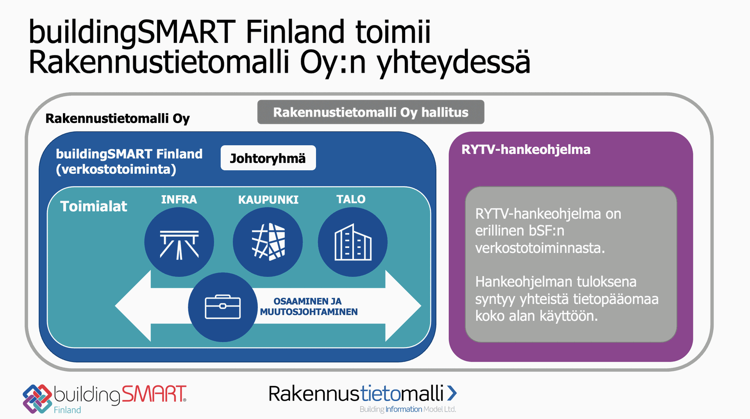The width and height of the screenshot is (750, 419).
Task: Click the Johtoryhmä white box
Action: click(268, 158)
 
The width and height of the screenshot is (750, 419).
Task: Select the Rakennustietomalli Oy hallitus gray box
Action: click(371, 112)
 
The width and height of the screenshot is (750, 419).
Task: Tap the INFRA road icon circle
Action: click(179, 242)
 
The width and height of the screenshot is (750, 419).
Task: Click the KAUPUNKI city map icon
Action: click(268, 242)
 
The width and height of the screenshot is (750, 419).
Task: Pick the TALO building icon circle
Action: click(353, 242)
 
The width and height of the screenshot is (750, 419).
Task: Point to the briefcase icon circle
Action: click(223, 307)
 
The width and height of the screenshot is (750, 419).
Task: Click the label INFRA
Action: click(179, 200)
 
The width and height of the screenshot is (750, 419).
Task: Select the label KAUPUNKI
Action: click(268, 200)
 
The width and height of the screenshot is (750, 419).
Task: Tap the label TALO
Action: click(351, 200)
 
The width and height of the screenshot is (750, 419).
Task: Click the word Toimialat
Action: click(94, 206)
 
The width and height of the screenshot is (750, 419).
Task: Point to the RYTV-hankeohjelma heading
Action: click(526, 150)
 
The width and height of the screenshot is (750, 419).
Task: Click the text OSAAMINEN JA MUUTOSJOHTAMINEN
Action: click(309, 307)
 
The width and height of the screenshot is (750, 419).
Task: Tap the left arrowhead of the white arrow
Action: click(133, 306)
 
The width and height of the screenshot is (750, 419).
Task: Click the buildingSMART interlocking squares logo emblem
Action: click(37, 399)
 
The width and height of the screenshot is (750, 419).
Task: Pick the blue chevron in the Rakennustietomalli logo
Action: click(452, 393)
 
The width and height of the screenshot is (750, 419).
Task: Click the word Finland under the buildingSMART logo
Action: click(67, 410)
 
